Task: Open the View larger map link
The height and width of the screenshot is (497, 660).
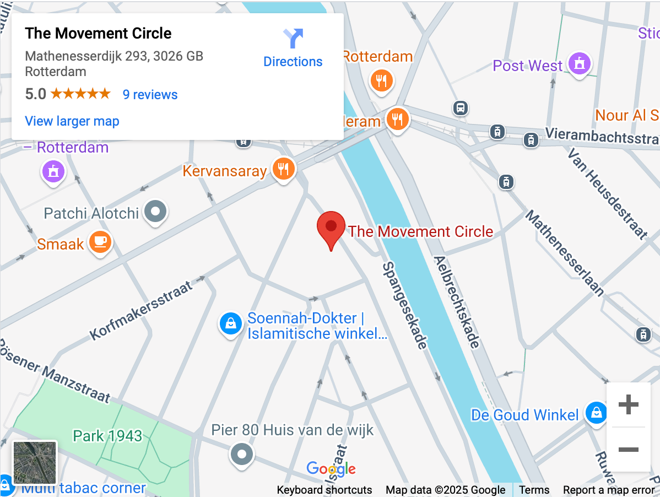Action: point(72,121)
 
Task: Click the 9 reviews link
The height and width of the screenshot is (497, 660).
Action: point(150,95)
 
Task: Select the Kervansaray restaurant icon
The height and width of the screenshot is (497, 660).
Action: point(284,169)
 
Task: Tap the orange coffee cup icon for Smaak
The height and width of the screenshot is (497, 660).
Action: point(100,242)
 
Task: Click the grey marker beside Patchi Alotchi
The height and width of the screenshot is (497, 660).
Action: point(155,211)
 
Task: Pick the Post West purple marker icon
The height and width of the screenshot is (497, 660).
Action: point(579,64)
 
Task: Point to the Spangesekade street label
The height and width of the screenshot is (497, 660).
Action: point(404,305)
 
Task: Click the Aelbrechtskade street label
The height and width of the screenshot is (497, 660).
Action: point(456,302)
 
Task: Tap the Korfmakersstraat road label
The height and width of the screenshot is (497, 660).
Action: point(142,310)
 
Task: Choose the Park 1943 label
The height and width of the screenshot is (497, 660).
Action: point(107,436)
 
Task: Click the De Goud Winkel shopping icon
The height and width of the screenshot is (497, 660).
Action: point(596,413)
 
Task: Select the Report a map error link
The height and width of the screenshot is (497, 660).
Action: point(609,490)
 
